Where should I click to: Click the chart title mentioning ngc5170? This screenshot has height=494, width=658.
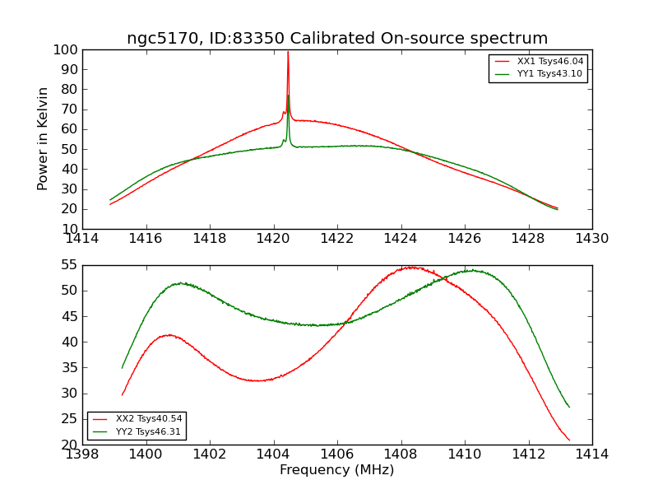tap(337, 39)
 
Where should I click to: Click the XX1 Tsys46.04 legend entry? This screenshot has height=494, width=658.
tap(550, 61)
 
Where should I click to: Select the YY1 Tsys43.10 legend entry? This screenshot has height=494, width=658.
tap(549, 73)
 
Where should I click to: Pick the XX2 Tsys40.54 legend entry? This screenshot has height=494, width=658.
tap(149, 419)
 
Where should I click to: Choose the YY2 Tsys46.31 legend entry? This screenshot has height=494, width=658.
tap(149, 431)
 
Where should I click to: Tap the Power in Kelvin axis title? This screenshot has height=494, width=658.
tap(44, 139)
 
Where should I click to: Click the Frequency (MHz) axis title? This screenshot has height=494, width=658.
tap(337, 470)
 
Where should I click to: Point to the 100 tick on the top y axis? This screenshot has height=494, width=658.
tap(65, 49)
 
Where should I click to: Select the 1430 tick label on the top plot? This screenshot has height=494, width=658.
tap(591, 239)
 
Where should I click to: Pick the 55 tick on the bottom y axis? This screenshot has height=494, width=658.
tap(68, 265)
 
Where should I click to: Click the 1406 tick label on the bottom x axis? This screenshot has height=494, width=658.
tap(337, 454)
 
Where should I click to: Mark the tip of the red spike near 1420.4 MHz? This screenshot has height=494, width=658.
tap(288, 52)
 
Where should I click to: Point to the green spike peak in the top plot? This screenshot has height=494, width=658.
tap(288, 96)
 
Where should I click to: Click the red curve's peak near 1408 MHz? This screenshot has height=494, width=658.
tap(410, 267)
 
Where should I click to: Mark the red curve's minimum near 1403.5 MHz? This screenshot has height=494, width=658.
tap(257, 380)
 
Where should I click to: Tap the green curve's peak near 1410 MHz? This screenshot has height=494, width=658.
tap(470, 270)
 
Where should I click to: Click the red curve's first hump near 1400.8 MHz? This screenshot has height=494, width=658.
tap(169, 335)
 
